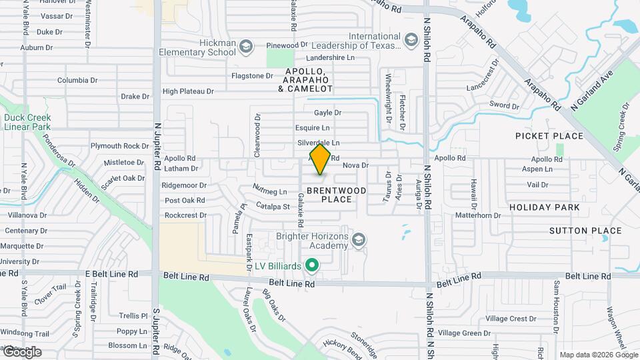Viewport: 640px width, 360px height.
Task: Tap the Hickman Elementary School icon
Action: tap(245, 46)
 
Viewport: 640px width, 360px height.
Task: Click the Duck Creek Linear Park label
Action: tap(27, 122)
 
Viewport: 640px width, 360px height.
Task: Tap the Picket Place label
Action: tap(549, 136)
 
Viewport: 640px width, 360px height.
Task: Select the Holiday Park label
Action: tap(544, 207)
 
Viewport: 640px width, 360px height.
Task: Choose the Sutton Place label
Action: tap(585, 231)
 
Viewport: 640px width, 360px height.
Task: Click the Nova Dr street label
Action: tap(355, 165)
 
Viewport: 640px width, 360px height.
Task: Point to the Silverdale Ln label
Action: tap(318, 143)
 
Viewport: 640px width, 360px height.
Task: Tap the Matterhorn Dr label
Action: tap(478, 215)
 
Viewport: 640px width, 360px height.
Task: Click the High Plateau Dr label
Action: tap(188, 91)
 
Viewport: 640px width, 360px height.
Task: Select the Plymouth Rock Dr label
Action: tap(120, 146)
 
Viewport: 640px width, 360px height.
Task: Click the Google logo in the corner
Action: tap(21, 352)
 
